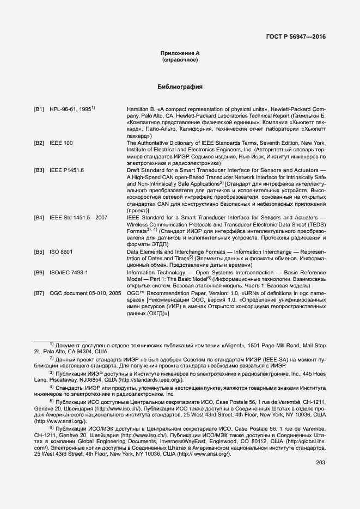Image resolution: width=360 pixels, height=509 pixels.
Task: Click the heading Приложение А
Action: (x=180, y=53)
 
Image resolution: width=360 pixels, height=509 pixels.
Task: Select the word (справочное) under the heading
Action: (x=180, y=59)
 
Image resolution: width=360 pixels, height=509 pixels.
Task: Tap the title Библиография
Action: (x=180, y=87)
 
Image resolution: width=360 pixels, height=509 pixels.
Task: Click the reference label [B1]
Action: (x=39, y=109)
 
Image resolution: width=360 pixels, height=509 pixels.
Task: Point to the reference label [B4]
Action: (x=39, y=218)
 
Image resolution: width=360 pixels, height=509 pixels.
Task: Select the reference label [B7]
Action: (x=39, y=293)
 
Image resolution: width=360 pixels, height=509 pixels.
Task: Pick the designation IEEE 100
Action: (x=61, y=143)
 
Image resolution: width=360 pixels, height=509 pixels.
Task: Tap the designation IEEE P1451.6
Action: (x=66, y=170)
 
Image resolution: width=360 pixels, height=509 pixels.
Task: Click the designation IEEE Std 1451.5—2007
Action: (x=78, y=218)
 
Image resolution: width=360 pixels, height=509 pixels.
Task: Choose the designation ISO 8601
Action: (x=61, y=252)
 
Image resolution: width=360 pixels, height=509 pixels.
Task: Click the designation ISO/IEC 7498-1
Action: (x=69, y=272)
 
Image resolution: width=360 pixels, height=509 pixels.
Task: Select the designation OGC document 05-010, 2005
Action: (x=85, y=293)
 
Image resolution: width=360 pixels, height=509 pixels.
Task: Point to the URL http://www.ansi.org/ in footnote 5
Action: (x=60, y=421)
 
